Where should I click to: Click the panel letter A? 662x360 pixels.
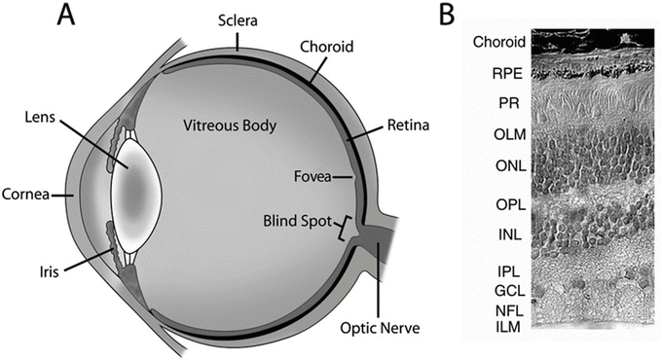[x=68, y=17]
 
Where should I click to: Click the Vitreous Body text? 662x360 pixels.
[x=225, y=126]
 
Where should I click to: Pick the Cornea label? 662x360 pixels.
[x=26, y=193]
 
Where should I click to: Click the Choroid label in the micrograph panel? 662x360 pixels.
[x=499, y=42]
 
